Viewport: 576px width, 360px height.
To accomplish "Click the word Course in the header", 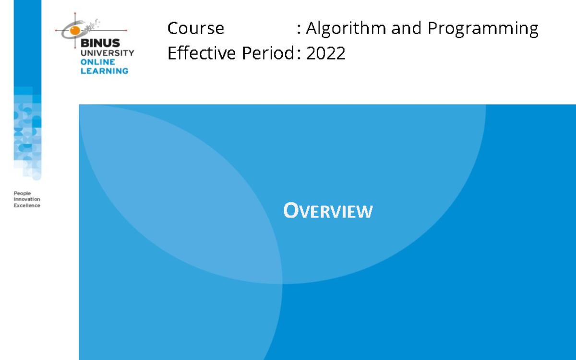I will click(x=195, y=29).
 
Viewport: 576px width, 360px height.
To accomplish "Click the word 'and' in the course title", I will click(x=403, y=29).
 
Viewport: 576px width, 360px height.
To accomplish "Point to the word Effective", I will click(x=202, y=53).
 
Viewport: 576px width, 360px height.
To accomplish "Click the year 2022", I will click(x=326, y=53).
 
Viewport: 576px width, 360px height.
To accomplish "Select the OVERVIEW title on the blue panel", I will click(x=328, y=211).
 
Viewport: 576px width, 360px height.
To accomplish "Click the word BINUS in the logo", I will click(x=100, y=44).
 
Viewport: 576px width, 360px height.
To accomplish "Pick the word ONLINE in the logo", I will click(x=97, y=62).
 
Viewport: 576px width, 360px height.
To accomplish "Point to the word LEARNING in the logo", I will click(x=104, y=71).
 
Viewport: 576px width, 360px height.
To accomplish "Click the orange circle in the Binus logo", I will click(x=75, y=31).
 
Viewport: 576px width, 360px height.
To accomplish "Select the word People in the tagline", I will click(x=22, y=193).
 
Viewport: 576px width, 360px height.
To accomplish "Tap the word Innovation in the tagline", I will click(x=27, y=199).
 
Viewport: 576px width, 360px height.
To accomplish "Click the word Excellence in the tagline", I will click(x=27, y=205).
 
